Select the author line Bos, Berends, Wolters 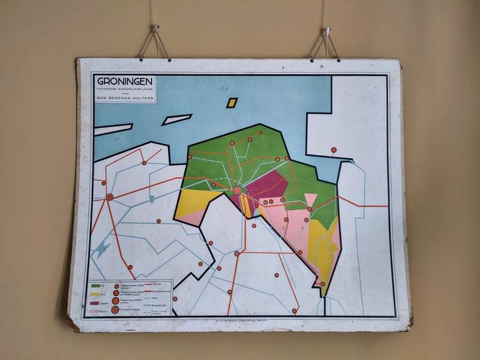tap(124, 99)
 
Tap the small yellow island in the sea tap(231, 103)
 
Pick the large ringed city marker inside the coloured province tap(238, 190)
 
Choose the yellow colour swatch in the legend tap(97, 295)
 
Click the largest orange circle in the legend tap(116, 309)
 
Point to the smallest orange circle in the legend tap(116, 287)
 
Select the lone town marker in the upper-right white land tap(333, 150)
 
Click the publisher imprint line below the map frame tap(239, 319)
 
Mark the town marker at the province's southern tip tap(323, 284)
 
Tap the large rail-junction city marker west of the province tap(110, 197)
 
